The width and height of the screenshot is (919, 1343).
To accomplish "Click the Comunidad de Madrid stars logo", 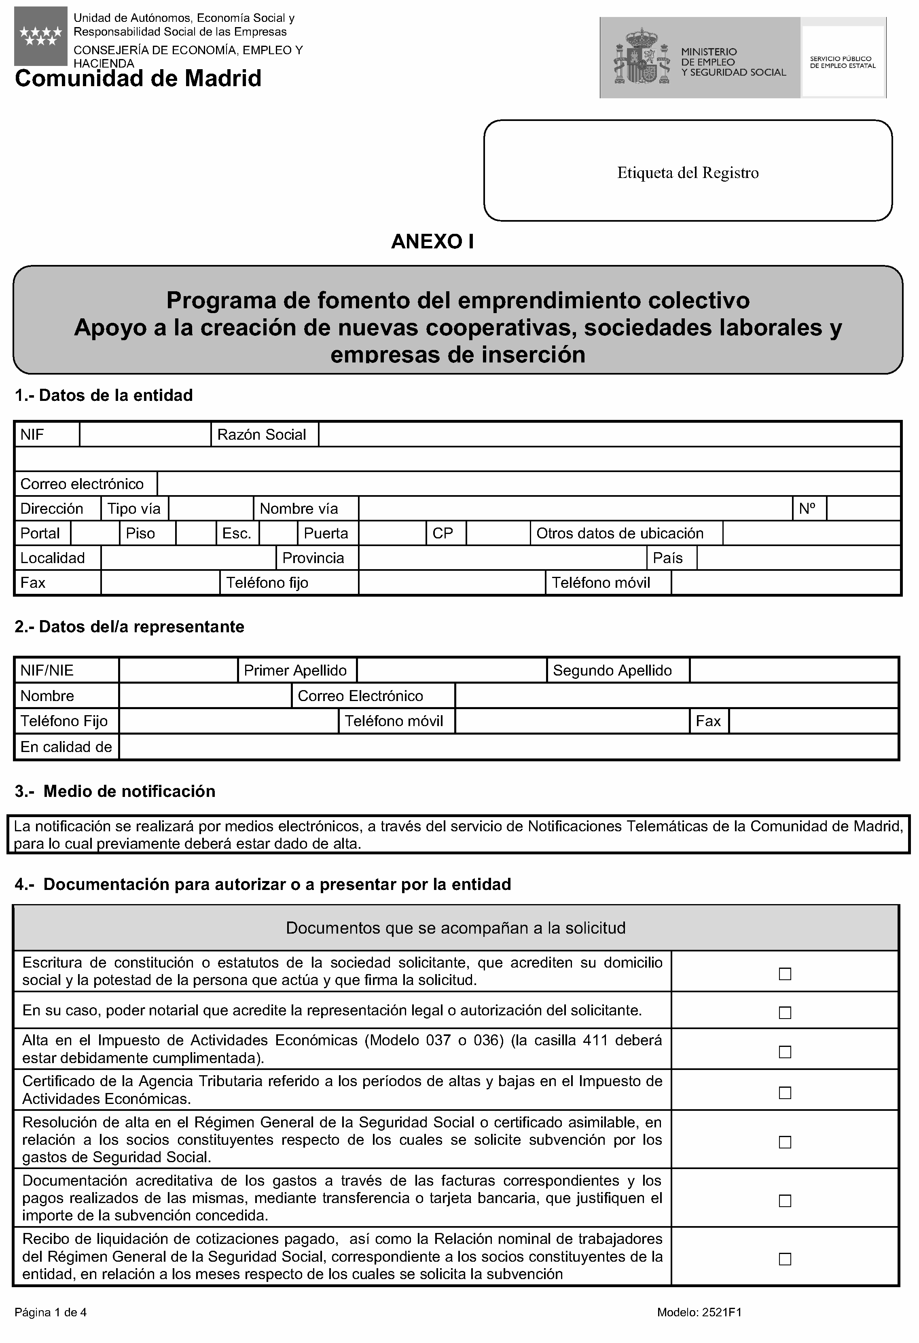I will point(40,36).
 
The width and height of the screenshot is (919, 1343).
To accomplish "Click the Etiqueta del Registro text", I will point(687,173).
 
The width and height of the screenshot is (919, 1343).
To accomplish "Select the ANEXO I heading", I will point(432,241).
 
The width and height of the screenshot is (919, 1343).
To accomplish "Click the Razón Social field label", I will point(262,434).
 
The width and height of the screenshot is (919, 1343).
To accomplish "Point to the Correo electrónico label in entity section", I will point(82,484).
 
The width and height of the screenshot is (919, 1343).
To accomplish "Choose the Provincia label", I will point(313,558).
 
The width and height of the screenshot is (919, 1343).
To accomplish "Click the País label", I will point(667,558).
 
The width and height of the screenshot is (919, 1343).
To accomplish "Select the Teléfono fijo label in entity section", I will point(267,583).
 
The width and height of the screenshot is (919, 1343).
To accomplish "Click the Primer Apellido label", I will point(295,670).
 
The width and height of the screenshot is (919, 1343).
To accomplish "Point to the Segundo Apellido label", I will point(612,670).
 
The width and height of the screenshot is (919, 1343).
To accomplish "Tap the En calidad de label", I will point(66,747).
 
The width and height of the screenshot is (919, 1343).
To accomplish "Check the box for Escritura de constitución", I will point(784,974).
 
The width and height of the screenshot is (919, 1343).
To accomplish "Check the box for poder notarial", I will point(784,1013).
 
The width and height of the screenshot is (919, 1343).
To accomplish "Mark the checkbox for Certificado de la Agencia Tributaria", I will point(784,1092).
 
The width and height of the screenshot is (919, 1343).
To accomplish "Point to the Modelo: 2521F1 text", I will point(699,1312).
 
